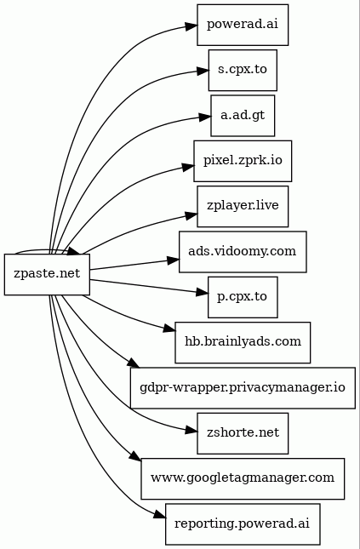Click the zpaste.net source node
click(47, 274)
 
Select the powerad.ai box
click(243, 25)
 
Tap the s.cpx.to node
click(243, 71)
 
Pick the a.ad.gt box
click(243, 117)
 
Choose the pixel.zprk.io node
click(243, 161)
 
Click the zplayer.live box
click(243, 207)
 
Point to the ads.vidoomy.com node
click(243, 251)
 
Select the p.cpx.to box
click(243, 297)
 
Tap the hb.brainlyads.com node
click(243, 341)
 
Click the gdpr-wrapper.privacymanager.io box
click(243, 387)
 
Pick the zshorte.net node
click(243, 432)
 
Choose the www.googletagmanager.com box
click(243, 478)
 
